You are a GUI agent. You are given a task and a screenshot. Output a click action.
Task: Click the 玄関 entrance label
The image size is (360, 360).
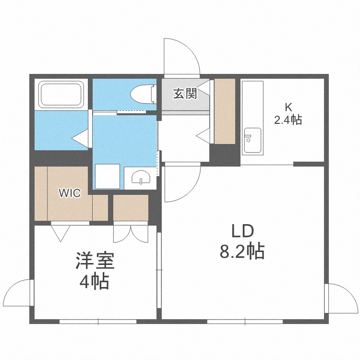pyautogui.click(x=185, y=94)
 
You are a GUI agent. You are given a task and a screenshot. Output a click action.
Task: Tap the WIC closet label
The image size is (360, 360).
pyautogui.click(x=69, y=193)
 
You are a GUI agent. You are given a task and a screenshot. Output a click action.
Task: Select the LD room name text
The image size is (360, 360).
pyautogui.click(x=242, y=231)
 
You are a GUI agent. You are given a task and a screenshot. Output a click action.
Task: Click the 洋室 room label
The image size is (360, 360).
pyautogui.click(x=94, y=262)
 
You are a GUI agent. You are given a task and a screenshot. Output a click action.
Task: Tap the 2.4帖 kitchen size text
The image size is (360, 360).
pyautogui.click(x=288, y=120)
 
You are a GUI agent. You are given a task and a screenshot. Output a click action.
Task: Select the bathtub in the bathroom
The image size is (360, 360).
pyautogui.click(x=61, y=95)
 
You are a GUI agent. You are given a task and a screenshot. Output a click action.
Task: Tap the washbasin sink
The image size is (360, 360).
pyautogui.click(x=140, y=178)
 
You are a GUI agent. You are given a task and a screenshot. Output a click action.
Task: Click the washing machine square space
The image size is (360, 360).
pyautogui.click(x=107, y=176)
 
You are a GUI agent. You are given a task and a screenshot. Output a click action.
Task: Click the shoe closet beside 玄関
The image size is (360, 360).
pyautogui.click(x=225, y=110)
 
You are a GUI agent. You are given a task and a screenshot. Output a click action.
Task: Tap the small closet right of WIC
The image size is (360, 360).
pyautogui.click(x=131, y=207)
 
